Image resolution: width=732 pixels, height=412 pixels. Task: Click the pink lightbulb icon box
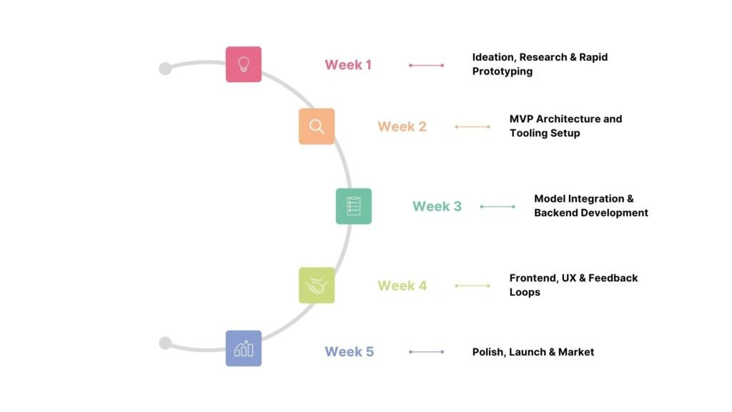[x=244, y=64]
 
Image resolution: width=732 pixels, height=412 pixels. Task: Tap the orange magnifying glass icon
[x=317, y=127]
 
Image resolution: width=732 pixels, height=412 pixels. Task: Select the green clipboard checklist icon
[x=354, y=206]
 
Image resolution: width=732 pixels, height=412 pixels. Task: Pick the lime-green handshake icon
[x=317, y=285]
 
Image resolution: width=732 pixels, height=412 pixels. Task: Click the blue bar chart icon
[x=244, y=348]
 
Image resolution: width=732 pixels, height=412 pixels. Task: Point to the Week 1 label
[x=348, y=65]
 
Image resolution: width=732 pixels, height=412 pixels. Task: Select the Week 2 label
[x=402, y=127]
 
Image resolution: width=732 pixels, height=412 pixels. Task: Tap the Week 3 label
[x=437, y=207]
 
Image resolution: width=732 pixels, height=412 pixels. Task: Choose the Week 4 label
[x=402, y=286]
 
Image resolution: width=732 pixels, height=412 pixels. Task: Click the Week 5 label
[x=349, y=352]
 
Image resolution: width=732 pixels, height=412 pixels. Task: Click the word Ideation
[x=493, y=57]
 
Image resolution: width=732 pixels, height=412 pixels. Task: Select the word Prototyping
[x=502, y=72]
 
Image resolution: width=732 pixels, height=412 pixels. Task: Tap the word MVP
[x=521, y=119]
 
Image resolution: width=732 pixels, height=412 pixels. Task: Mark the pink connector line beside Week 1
[x=427, y=65]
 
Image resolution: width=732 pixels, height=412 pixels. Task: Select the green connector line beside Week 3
[x=498, y=207]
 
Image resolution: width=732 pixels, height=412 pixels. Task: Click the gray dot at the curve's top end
[x=165, y=69]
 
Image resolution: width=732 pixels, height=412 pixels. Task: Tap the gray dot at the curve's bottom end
[x=165, y=343]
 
